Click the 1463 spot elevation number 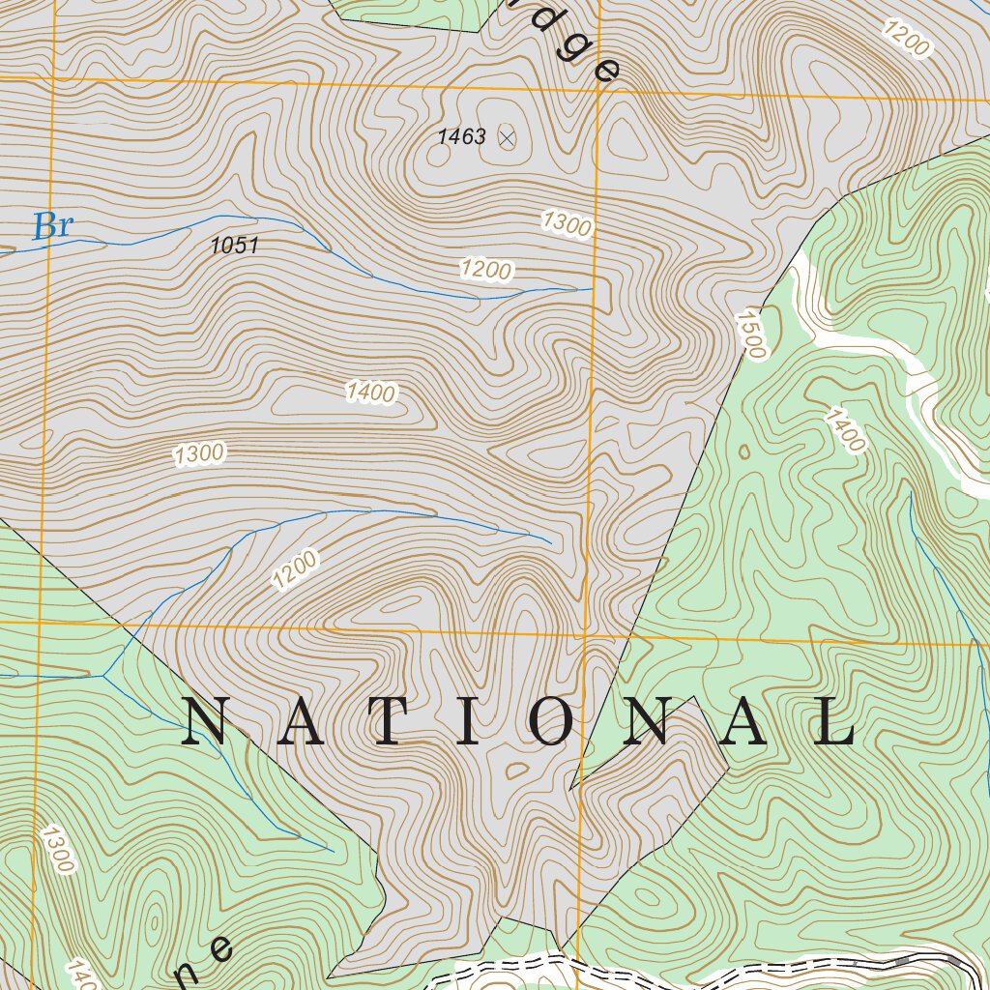[x=461, y=137]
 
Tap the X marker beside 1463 [x=507, y=138]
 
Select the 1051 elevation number [x=235, y=246]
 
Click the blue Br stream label [x=52, y=226]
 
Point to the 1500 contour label [x=750, y=335]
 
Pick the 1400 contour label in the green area [x=845, y=430]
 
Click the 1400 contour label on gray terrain [x=370, y=392]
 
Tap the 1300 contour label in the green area [x=56, y=848]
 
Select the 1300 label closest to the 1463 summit [x=567, y=223]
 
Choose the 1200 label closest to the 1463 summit [x=485, y=269]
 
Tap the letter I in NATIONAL [x=467, y=723]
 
